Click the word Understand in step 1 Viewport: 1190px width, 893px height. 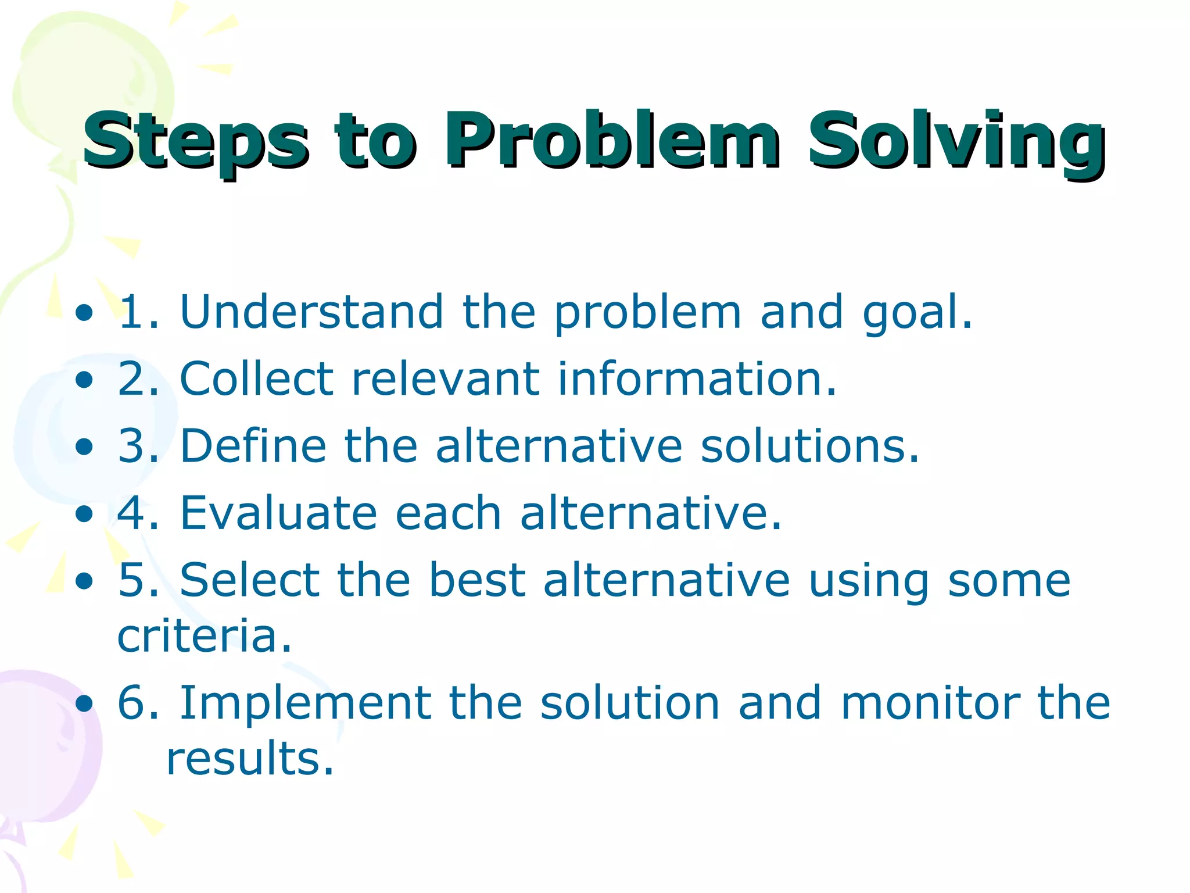[x=311, y=312]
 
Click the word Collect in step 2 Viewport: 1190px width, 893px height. [x=256, y=379]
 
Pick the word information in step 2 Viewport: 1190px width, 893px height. [x=697, y=379]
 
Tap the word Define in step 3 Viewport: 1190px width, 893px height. [x=253, y=446]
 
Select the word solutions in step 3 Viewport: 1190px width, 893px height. [x=809, y=446]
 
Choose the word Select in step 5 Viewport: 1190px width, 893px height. [x=249, y=580]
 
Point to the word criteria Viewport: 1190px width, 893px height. [x=203, y=636]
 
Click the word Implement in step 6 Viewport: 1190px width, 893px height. [x=305, y=703]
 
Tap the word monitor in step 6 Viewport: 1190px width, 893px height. [x=930, y=703]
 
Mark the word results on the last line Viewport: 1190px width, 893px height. [x=249, y=759]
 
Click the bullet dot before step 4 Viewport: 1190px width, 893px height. [x=84, y=514]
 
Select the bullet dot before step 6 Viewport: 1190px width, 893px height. [x=84, y=704]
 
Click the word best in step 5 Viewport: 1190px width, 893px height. [x=477, y=580]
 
